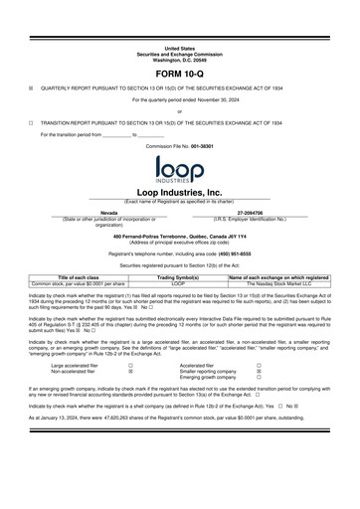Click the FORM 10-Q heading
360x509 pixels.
[180, 76]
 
